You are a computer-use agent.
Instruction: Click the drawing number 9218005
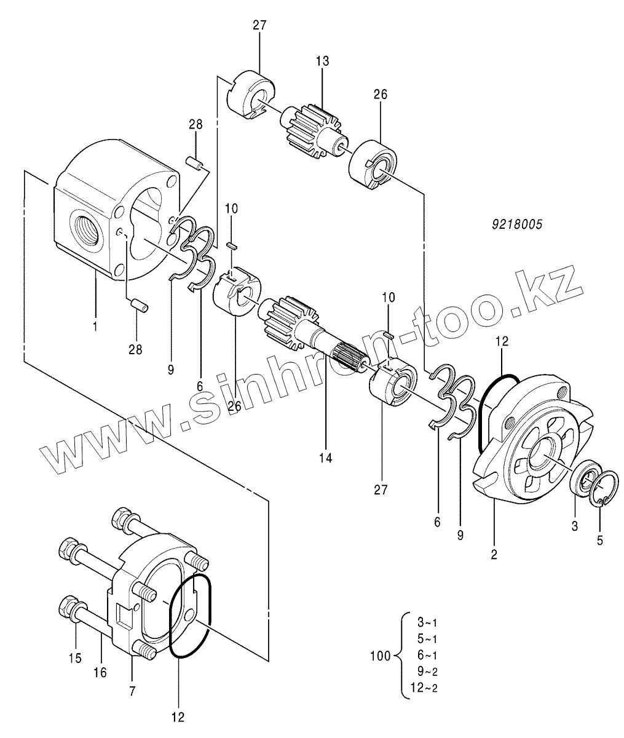click(517, 224)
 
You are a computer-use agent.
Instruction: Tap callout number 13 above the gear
click(322, 61)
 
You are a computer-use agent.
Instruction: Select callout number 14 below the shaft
click(326, 458)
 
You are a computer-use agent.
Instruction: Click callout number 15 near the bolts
click(75, 657)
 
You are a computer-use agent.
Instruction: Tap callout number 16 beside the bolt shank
click(100, 672)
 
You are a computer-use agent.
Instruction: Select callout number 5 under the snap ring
click(600, 541)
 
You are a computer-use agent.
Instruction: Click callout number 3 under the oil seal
click(575, 526)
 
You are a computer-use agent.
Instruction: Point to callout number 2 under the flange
click(494, 555)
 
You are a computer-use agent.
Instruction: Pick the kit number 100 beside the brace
click(381, 656)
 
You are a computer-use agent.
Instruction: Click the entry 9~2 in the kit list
click(427, 671)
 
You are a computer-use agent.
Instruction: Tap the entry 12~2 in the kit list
click(424, 688)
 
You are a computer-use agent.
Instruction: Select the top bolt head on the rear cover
click(122, 517)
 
